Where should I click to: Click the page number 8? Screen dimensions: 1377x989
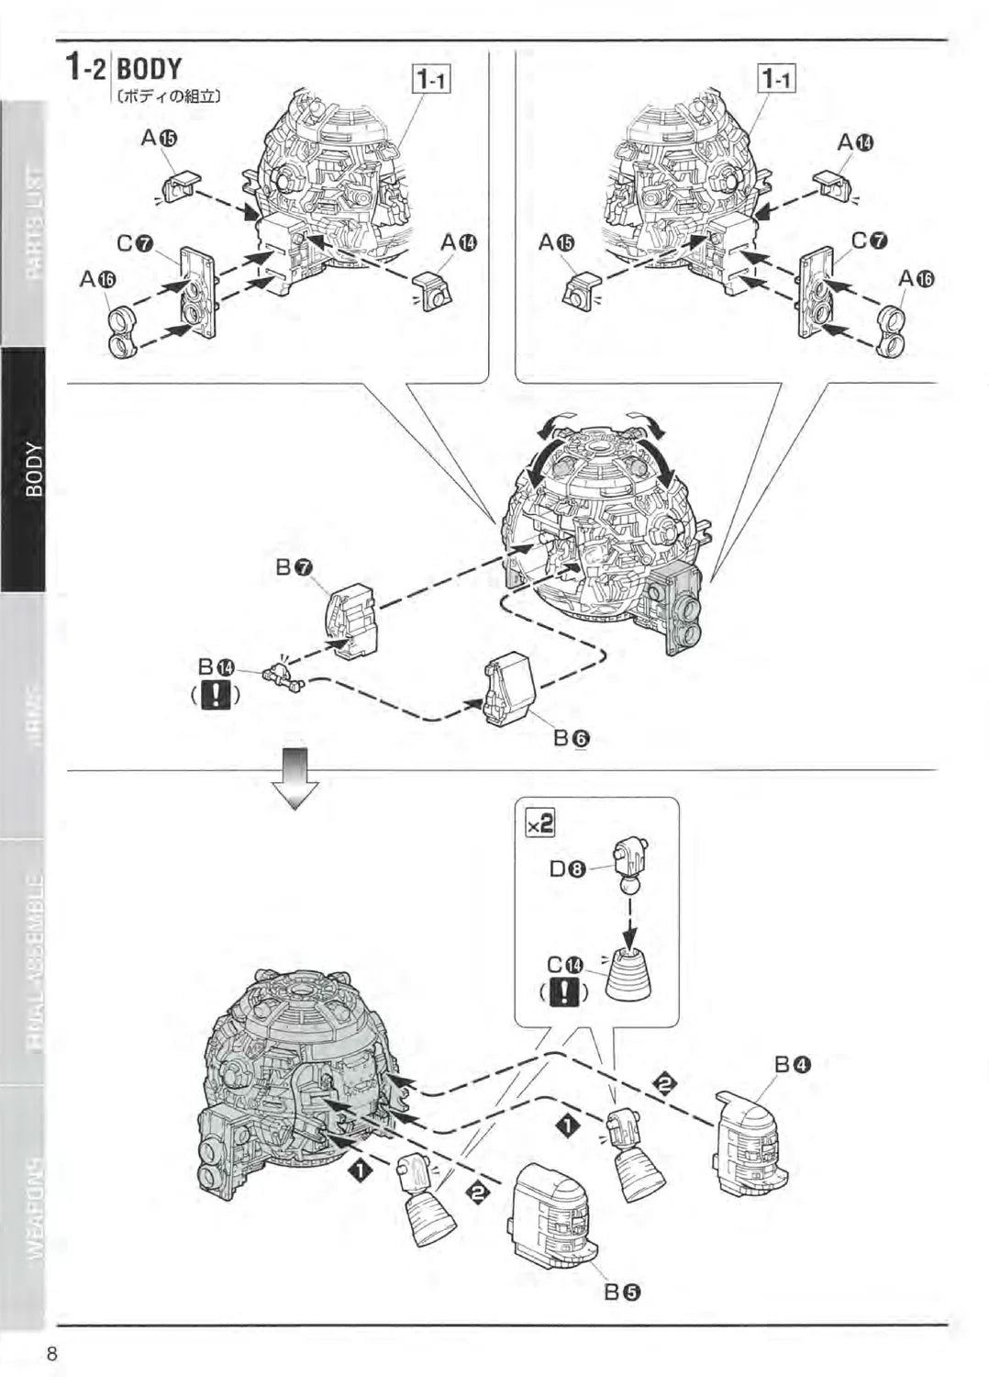(x=52, y=1352)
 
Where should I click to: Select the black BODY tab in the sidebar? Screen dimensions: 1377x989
(x=34, y=469)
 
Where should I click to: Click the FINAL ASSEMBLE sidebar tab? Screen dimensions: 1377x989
(x=34, y=960)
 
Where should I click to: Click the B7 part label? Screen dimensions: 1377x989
(x=294, y=568)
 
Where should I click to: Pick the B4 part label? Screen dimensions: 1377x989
(x=792, y=1065)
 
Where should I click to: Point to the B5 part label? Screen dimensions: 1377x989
(x=622, y=1293)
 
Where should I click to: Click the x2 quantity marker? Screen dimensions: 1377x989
(x=540, y=823)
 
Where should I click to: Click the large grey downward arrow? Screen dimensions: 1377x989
(x=299, y=776)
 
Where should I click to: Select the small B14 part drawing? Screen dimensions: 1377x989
(x=282, y=678)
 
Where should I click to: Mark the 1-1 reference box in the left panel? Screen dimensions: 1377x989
(x=431, y=81)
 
